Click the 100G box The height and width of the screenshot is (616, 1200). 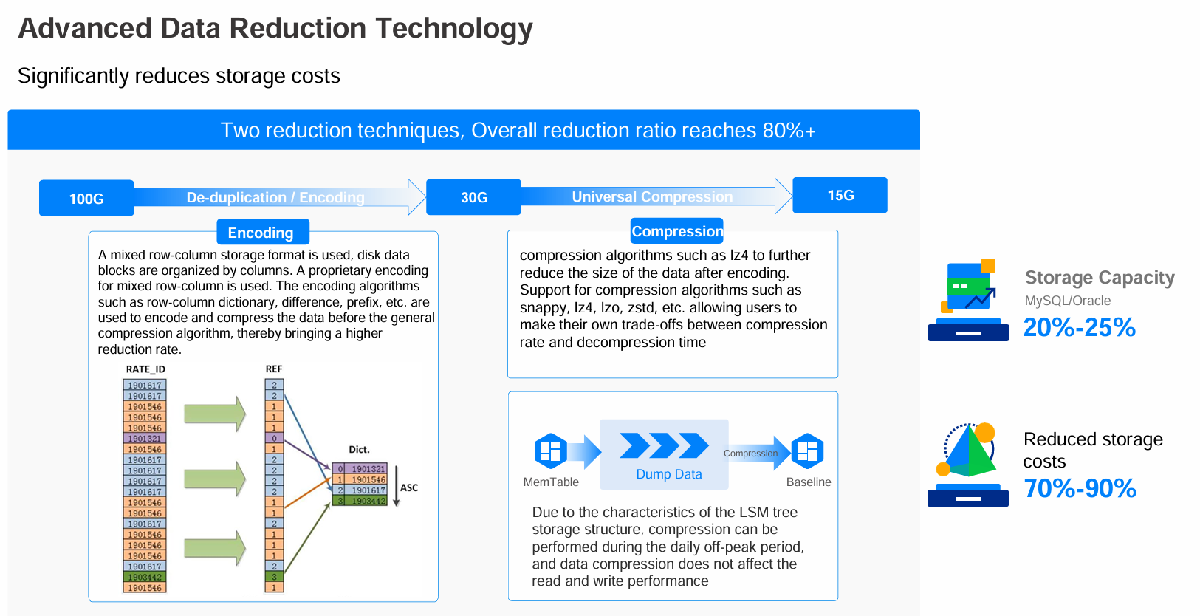click(x=86, y=198)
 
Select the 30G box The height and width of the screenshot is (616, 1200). click(x=473, y=197)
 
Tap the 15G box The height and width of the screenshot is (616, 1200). click(x=840, y=195)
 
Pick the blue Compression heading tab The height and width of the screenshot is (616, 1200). click(x=677, y=231)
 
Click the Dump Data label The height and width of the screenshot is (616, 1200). click(x=668, y=474)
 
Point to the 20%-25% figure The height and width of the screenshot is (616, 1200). click(x=1079, y=327)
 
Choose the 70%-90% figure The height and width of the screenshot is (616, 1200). click(x=1080, y=488)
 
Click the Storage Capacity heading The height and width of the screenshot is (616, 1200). click(x=1100, y=277)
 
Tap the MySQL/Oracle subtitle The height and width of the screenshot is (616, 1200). click(x=1068, y=301)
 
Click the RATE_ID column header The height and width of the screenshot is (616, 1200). click(x=145, y=369)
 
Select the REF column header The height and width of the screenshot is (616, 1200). click(x=274, y=369)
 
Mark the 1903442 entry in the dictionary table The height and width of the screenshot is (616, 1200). click(x=360, y=501)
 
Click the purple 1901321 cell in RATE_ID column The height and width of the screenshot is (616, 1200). click(x=145, y=438)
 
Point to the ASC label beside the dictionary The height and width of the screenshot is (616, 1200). click(x=409, y=487)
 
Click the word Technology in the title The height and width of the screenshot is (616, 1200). click(x=454, y=28)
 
